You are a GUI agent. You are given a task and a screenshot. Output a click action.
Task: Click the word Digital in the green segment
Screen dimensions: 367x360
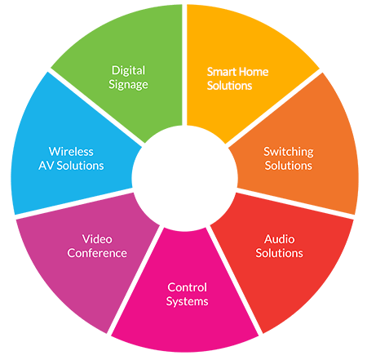pyautogui.click(x=128, y=71)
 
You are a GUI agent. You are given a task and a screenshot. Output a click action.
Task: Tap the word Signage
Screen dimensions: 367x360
pyautogui.click(x=128, y=85)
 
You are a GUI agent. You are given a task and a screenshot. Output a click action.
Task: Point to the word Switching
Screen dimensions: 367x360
pyautogui.click(x=289, y=152)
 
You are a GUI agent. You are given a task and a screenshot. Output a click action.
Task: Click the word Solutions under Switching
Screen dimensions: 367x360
pyautogui.click(x=289, y=166)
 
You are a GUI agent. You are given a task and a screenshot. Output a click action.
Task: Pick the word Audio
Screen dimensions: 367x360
pyautogui.click(x=280, y=239)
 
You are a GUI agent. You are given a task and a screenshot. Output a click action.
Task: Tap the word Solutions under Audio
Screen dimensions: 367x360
pyautogui.click(x=279, y=253)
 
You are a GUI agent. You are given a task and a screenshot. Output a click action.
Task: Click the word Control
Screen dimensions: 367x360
pyautogui.click(x=187, y=287)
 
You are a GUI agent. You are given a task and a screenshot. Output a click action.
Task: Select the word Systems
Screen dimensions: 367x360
pyautogui.click(x=187, y=301)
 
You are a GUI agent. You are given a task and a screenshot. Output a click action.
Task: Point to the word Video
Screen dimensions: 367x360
pyautogui.click(x=97, y=239)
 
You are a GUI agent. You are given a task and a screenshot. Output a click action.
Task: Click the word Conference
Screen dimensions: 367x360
pyautogui.click(x=97, y=253)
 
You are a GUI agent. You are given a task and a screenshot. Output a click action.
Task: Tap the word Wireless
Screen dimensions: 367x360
pyautogui.click(x=71, y=152)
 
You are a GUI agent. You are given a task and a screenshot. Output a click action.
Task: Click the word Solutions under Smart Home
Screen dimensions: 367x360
pyautogui.click(x=229, y=86)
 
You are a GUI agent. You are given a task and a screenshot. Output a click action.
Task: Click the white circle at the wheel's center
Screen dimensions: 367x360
pyautogui.click(x=184, y=178)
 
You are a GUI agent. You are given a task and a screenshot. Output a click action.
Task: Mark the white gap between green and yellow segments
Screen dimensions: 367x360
pyautogui.click(x=184, y=64)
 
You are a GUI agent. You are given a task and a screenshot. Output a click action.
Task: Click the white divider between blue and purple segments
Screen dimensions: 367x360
pyautogui.click(x=74, y=203)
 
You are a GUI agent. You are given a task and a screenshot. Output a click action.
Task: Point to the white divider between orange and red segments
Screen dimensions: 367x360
pyautogui.click(x=295, y=203)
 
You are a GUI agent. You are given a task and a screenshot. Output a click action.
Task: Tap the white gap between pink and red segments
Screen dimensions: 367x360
pyautogui.click(x=234, y=281)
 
